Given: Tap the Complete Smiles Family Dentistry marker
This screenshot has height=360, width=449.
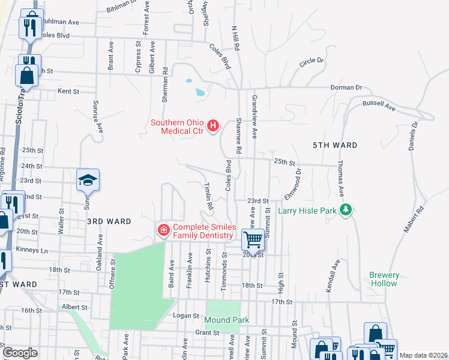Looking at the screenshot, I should coord(162,230).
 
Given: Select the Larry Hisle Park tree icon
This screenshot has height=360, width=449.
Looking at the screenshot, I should coord(345,210).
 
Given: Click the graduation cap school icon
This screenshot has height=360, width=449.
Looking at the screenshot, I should coord(88,179).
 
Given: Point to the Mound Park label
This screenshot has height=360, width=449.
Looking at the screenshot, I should coord(227,320).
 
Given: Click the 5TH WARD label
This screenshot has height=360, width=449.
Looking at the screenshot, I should coord(335,145).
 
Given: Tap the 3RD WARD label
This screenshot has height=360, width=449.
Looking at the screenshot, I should coord(109,221).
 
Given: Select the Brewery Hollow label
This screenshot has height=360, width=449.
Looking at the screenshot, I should coord(384,279).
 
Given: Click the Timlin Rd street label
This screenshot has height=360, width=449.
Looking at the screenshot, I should coord(208,196).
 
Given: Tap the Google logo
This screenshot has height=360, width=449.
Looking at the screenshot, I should coord(20,353).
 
